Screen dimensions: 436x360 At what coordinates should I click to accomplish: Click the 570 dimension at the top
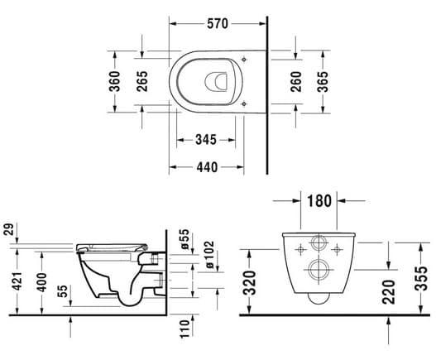pos(218,24)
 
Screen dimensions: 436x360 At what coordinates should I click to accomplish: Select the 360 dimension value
pos(114,81)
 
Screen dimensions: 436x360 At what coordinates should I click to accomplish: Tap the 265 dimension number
pos(142,81)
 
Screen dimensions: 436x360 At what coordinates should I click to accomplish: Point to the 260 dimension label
pos(296,81)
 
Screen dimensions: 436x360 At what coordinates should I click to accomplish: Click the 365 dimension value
pos(323,81)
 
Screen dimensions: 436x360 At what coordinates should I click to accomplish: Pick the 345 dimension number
pos(206,140)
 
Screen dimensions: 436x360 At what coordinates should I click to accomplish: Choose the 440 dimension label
pos(207,167)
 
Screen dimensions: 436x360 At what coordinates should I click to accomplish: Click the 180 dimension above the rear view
pos(319,201)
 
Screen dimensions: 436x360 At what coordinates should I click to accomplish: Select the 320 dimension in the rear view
pos(249,282)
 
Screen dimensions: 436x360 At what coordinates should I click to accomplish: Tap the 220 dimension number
pos(389,292)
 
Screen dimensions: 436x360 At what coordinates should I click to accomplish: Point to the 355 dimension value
pos(420,278)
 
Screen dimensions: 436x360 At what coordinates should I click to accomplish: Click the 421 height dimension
pos(18,281)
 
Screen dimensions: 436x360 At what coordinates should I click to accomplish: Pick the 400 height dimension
pos(42,282)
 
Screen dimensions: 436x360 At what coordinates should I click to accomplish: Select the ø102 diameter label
pos(210,255)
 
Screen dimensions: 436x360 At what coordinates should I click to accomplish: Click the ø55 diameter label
pos(184,238)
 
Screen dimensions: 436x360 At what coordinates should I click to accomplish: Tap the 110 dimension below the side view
pos(184,329)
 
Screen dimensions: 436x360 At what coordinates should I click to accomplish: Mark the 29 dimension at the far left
pos(8,229)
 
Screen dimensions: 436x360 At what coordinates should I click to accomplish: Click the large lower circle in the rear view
pos(319,270)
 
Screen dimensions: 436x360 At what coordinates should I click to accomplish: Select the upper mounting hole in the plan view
pos(244,60)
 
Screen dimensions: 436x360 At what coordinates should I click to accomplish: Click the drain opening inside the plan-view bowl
pos(216,82)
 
